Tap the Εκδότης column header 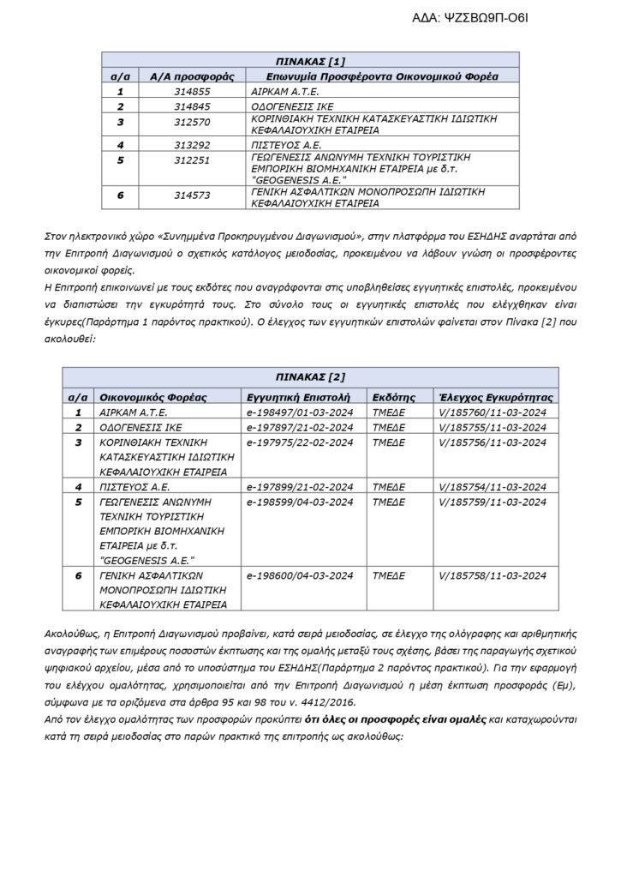(x=394, y=398)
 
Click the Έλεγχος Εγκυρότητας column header (x=495, y=398)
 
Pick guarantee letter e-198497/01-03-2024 (x=293, y=412)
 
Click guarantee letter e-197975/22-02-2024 (x=293, y=442)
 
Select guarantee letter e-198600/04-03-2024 (x=293, y=575)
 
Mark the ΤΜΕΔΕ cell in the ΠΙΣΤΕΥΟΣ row (x=389, y=486)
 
